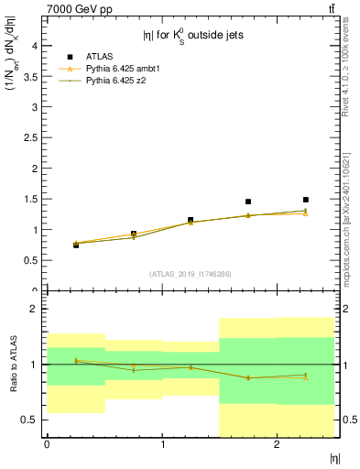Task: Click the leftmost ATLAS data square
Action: pos(76,245)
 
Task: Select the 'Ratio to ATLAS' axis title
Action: pos(13,364)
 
